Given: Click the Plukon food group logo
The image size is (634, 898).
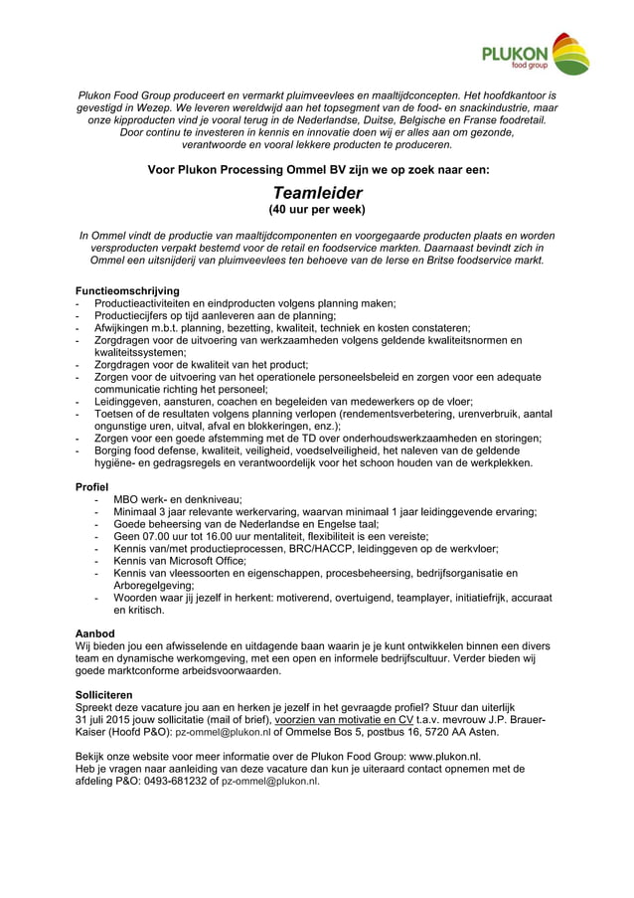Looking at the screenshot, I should (x=537, y=54).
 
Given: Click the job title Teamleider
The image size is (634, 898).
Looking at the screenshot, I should (x=317, y=192).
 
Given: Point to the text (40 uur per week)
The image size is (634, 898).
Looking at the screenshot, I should (x=317, y=210).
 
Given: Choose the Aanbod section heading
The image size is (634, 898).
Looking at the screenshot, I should (x=95, y=632).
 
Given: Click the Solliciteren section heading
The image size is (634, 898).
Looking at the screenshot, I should (x=110, y=693).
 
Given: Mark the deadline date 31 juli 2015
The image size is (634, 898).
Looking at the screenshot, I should (x=119, y=718).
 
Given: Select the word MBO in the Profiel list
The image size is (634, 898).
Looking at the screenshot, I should (x=127, y=499).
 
